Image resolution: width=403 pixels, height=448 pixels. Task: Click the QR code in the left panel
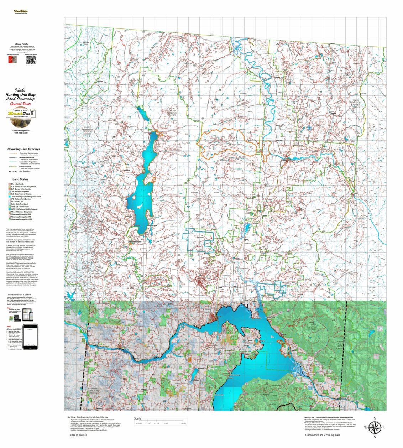tap(31, 60)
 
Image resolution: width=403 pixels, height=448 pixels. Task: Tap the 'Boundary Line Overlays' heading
tap(23, 149)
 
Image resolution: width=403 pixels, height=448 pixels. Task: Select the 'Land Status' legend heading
tap(20, 179)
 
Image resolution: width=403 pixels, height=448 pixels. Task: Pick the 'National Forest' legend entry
tap(25, 166)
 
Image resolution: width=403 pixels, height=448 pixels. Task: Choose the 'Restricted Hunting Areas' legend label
tap(29, 153)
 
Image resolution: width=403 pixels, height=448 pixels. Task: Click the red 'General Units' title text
tap(20, 104)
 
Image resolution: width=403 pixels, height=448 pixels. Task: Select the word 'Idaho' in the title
tap(20, 90)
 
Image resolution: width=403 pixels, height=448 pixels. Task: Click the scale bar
tap(160, 423)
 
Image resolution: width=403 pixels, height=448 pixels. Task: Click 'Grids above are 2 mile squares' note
tap(322, 435)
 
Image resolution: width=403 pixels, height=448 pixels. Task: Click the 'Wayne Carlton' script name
tap(20, 44)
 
